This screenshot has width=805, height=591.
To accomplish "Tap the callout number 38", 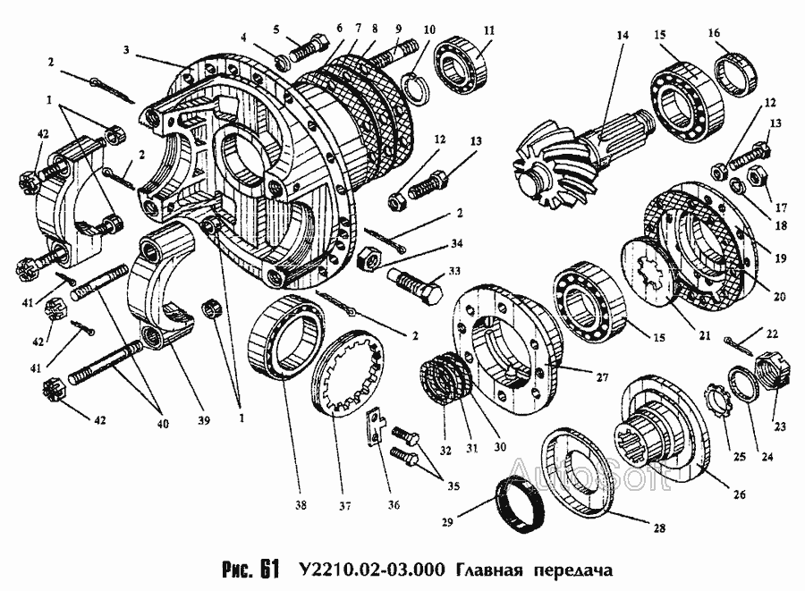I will (x=301, y=506).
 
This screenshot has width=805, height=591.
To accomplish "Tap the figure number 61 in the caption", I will (x=270, y=569).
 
